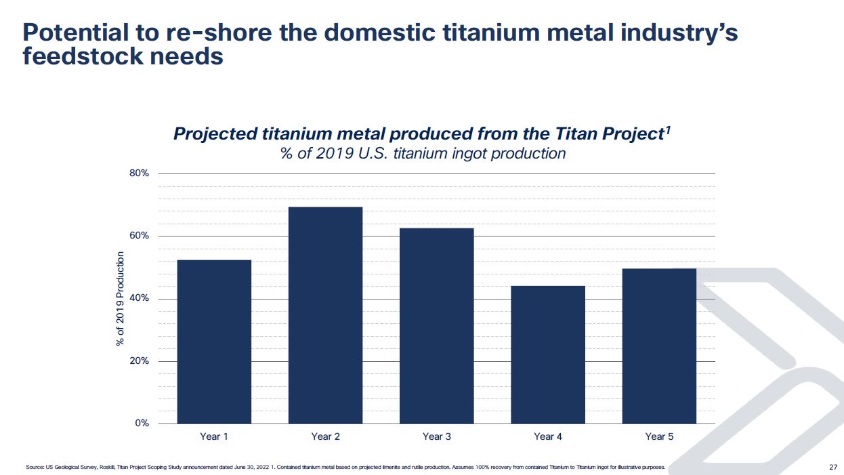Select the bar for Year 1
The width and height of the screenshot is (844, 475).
[x=214, y=342]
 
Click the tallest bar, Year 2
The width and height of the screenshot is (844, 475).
[x=325, y=315]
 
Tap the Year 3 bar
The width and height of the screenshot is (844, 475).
[x=436, y=326]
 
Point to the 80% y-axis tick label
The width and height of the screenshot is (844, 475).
[x=138, y=173]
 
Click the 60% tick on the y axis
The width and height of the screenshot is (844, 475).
[x=138, y=236]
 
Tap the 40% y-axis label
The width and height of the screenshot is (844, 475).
[x=138, y=299]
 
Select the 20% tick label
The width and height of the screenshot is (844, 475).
[x=138, y=361]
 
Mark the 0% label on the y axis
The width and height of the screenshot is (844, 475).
[x=141, y=424]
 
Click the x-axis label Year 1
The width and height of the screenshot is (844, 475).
[x=214, y=437]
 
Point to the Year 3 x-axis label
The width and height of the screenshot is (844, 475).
[x=436, y=437]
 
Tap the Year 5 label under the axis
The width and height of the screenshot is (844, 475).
[x=659, y=437]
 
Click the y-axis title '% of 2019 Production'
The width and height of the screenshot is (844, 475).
[x=121, y=299]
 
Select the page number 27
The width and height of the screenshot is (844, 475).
[x=833, y=467]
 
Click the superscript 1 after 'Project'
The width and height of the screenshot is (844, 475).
[x=667, y=129]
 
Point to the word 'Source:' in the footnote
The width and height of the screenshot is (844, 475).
[x=35, y=467]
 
